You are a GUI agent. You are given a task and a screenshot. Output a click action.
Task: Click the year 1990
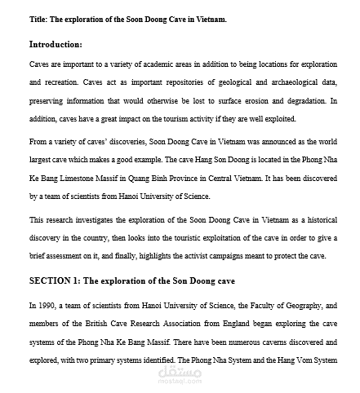[x=44, y=305]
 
